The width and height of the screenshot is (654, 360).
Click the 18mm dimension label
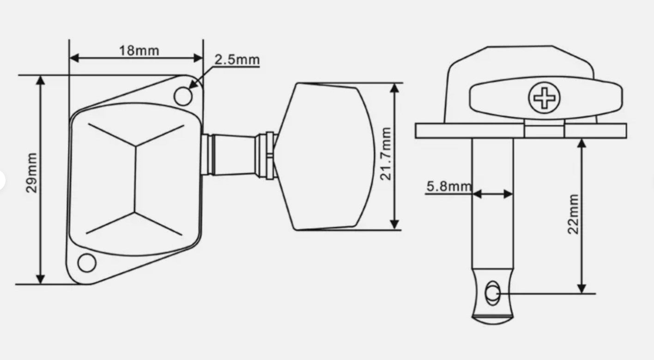click(x=139, y=51)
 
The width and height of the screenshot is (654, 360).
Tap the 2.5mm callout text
click(x=237, y=60)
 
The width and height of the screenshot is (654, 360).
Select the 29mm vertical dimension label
click(x=31, y=173)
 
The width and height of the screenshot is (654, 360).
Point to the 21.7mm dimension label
click(x=385, y=154)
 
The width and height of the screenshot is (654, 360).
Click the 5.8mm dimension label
click(x=449, y=186)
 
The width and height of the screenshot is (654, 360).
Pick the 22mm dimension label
click(x=573, y=214)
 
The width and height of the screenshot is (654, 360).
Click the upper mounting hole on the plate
click(x=183, y=96)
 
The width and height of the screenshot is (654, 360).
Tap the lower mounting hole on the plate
click(x=87, y=262)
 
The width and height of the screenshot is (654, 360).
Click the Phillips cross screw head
click(x=545, y=98)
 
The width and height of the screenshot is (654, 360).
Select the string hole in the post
click(x=492, y=293)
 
